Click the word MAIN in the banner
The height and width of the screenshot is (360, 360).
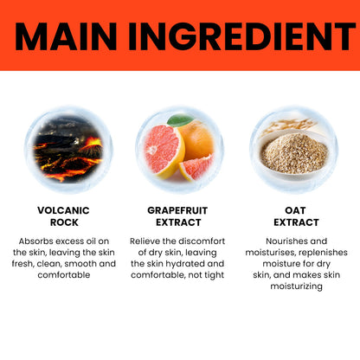pyautogui.click(x=66, y=36)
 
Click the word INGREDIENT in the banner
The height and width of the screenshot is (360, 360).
pyautogui.click(x=241, y=36)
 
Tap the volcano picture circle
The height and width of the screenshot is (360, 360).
pyautogui.click(x=68, y=150)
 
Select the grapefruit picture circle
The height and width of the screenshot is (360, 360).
pyautogui.click(x=179, y=150)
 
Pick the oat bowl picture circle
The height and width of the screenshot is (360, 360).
pyautogui.click(x=293, y=150)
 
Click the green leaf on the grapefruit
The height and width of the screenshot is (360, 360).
pyautogui.click(x=180, y=120)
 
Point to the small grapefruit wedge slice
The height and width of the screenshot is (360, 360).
pyautogui.click(x=196, y=167)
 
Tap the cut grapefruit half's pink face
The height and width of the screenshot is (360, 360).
pyautogui.click(x=162, y=149)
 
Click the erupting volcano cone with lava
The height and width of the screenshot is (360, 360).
pyautogui.click(x=92, y=147)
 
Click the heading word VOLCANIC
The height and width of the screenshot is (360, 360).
pyautogui.click(x=63, y=210)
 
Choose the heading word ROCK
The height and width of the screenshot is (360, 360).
pyautogui.click(x=64, y=222)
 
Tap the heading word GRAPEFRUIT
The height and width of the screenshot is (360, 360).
pyautogui.click(x=177, y=210)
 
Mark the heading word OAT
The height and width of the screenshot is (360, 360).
pyautogui.click(x=295, y=210)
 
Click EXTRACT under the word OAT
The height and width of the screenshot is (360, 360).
pyautogui.click(x=296, y=222)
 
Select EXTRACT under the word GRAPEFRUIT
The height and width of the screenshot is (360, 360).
pyautogui.click(x=178, y=222)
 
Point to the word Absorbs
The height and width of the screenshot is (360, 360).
pyautogui.click(x=36, y=241)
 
